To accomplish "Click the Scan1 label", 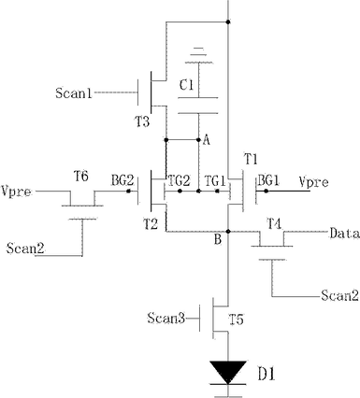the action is (74, 92).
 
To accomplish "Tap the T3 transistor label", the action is (142, 121).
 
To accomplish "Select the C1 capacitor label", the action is (186, 85).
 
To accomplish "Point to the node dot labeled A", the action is (198, 140).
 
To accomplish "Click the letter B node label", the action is (218, 240).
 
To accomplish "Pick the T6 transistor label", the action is (81, 177).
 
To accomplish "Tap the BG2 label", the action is (122, 180).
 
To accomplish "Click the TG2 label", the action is (179, 180).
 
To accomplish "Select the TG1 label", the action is (214, 180).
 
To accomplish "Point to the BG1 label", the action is (268, 180).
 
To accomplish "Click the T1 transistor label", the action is (251, 160).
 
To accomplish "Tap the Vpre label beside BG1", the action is (313, 181).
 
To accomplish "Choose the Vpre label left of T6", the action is (16, 191).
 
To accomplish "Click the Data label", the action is (344, 233).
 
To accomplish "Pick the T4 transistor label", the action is (275, 224).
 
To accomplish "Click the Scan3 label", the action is (166, 319).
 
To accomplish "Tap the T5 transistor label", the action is (237, 320).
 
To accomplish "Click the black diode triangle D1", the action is (228, 372).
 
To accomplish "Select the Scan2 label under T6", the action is (25, 249).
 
